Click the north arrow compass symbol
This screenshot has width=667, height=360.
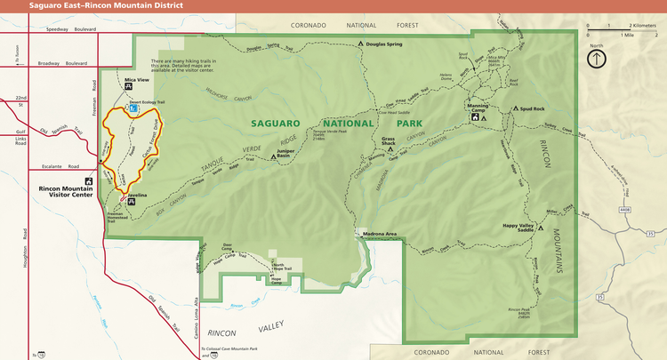[x=596, y=59]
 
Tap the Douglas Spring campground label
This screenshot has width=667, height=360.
[x=384, y=43]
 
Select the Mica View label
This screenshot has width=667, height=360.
[x=136, y=80]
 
